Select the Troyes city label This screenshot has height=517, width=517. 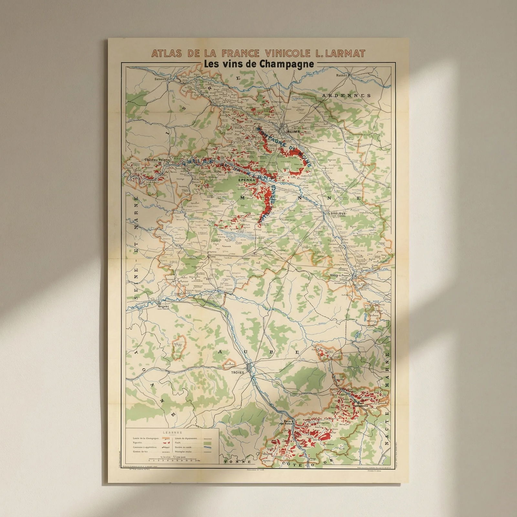[237, 372]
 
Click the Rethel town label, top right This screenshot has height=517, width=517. [341, 75]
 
